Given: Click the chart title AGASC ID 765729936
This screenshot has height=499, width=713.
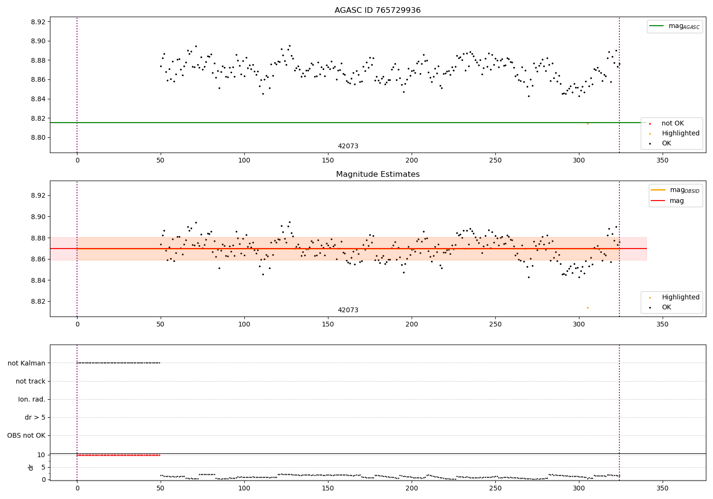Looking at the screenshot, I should (x=377, y=10).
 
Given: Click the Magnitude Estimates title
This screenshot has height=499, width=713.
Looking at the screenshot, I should (x=377, y=174).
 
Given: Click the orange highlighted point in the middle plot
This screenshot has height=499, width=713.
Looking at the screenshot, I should (x=588, y=307).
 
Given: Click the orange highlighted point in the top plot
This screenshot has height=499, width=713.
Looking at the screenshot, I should (x=588, y=124).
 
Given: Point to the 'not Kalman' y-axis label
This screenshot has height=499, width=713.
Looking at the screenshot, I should (x=27, y=363).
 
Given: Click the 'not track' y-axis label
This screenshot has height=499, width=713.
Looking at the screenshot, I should (x=30, y=381).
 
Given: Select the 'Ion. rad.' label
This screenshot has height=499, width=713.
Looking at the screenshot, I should (x=32, y=399).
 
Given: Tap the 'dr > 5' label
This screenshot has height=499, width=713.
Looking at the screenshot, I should (x=35, y=417).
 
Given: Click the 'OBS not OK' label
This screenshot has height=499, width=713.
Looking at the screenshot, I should (x=26, y=435).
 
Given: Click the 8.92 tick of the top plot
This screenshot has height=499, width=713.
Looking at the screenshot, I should (x=38, y=22).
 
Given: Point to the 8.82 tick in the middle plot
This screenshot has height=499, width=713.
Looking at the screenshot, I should (x=38, y=301).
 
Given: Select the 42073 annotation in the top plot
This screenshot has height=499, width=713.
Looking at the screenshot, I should (x=348, y=146).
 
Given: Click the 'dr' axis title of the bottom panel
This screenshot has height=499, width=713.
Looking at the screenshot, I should (x=31, y=467).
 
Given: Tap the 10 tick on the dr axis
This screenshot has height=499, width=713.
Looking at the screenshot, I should (x=41, y=455).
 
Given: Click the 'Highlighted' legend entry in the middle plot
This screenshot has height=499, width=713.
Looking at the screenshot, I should (x=680, y=297).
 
